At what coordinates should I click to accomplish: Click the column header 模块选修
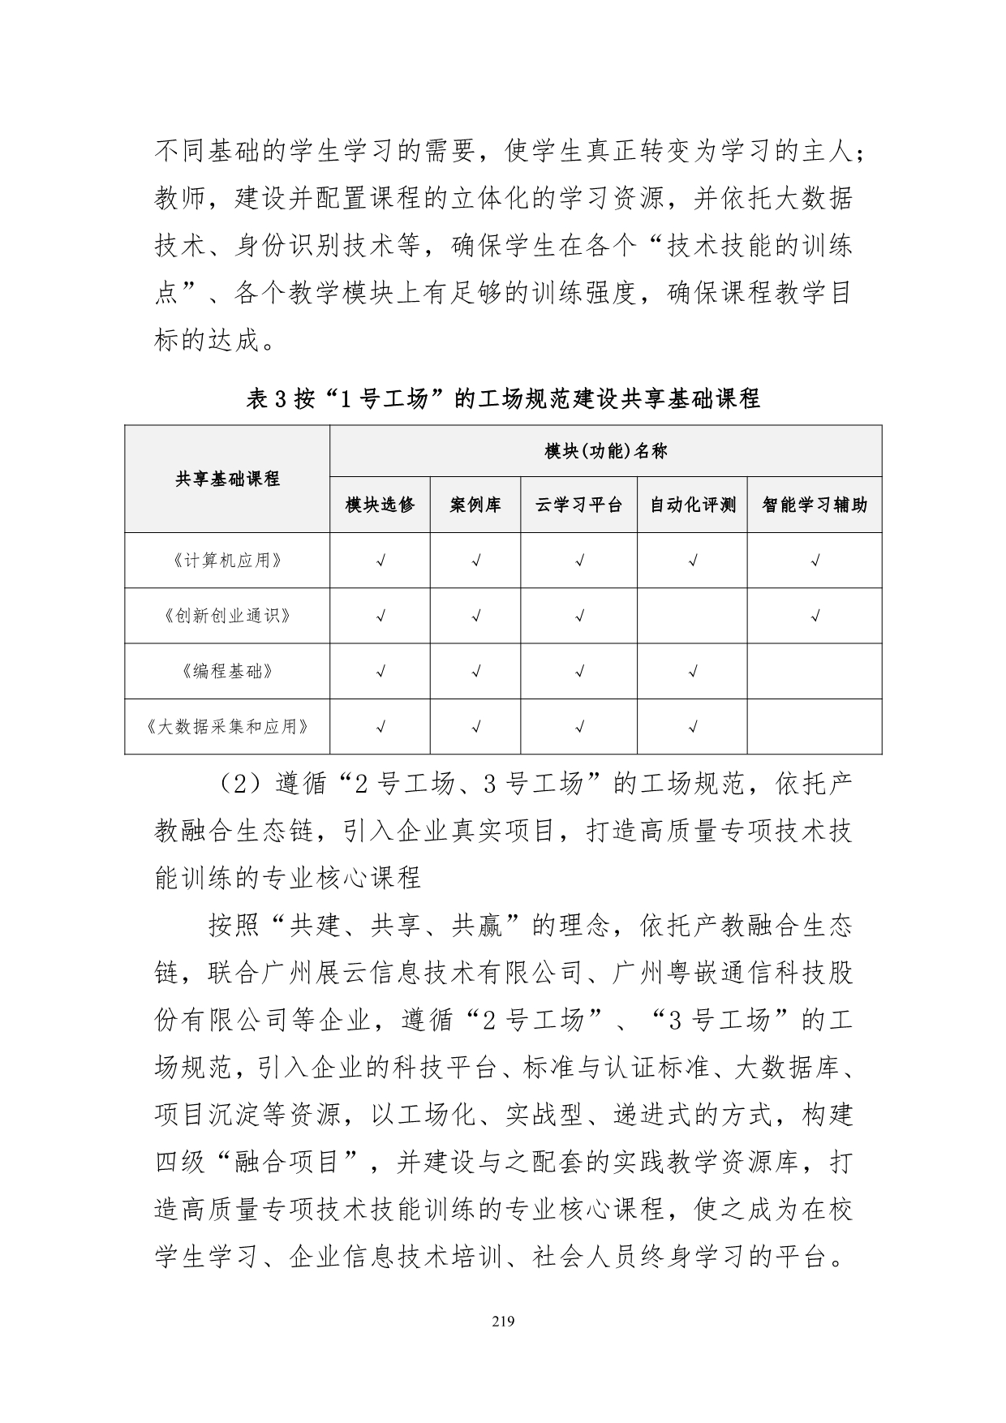tap(380, 505)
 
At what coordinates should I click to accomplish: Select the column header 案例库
tap(475, 505)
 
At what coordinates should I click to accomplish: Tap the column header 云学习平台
tap(578, 505)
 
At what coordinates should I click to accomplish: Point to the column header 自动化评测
tap(692, 505)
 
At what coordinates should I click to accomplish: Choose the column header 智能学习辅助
tap(815, 505)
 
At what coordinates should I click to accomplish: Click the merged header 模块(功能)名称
tap(605, 451)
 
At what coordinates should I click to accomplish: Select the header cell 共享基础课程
tap(227, 479)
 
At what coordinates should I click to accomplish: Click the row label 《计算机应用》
tap(227, 561)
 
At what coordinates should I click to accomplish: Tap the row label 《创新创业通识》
tap(227, 616)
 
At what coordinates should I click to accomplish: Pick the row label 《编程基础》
tap(227, 671)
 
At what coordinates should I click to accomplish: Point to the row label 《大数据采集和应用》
tap(227, 726)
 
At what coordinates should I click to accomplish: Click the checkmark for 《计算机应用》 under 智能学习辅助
tap(815, 561)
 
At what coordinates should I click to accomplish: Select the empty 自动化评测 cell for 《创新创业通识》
tap(692, 616)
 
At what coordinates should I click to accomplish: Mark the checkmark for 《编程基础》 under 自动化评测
tap(693, 671)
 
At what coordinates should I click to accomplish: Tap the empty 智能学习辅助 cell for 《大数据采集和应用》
tap(815, 726)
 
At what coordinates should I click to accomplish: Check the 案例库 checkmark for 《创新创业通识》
tap(476, 616)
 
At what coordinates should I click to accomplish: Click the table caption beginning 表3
tap(503, 399)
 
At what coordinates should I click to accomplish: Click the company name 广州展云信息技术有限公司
tap(446, 973)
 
